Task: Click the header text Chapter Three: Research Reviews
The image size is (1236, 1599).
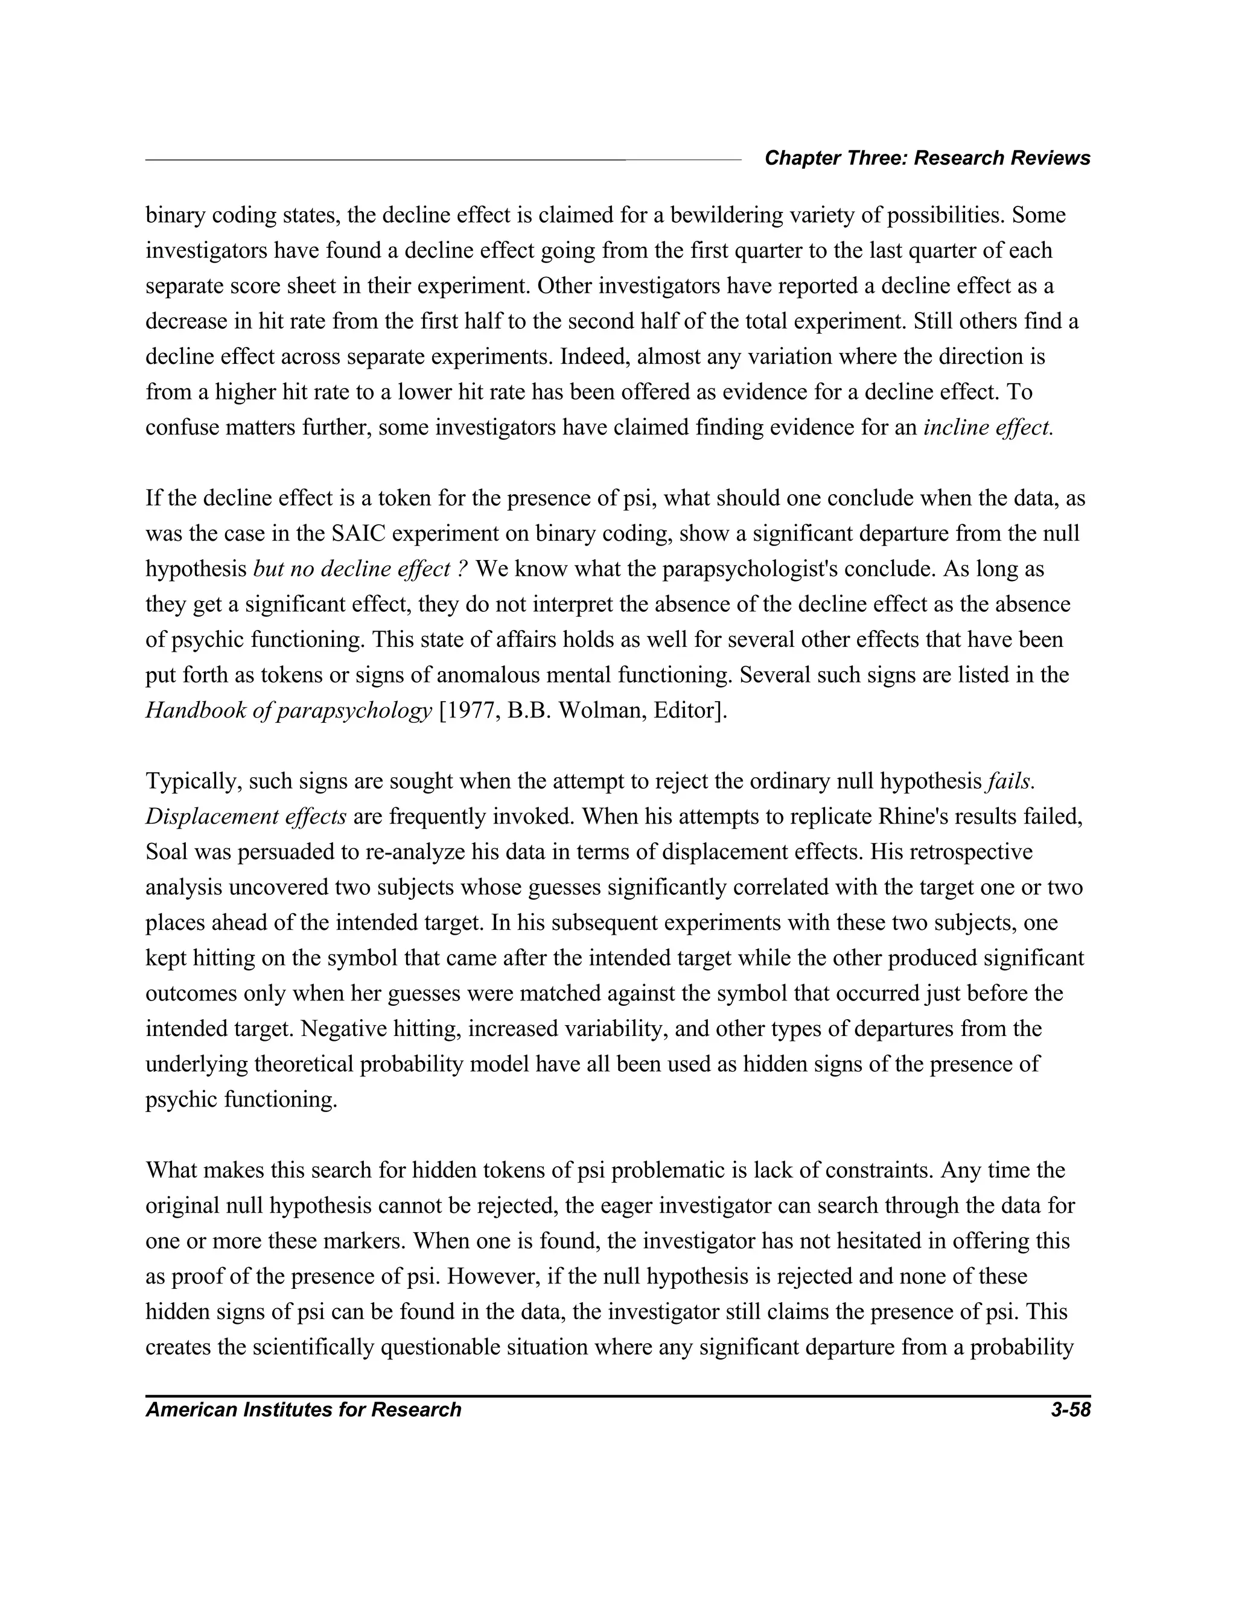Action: [927, 158]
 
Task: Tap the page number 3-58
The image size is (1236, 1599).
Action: [1070, 1410]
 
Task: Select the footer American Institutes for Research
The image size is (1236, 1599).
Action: [303, 1410]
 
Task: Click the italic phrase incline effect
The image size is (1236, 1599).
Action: [988, 428]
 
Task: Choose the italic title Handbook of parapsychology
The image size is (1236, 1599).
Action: [288, 711]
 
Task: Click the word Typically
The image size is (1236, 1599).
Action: [193, 782]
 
